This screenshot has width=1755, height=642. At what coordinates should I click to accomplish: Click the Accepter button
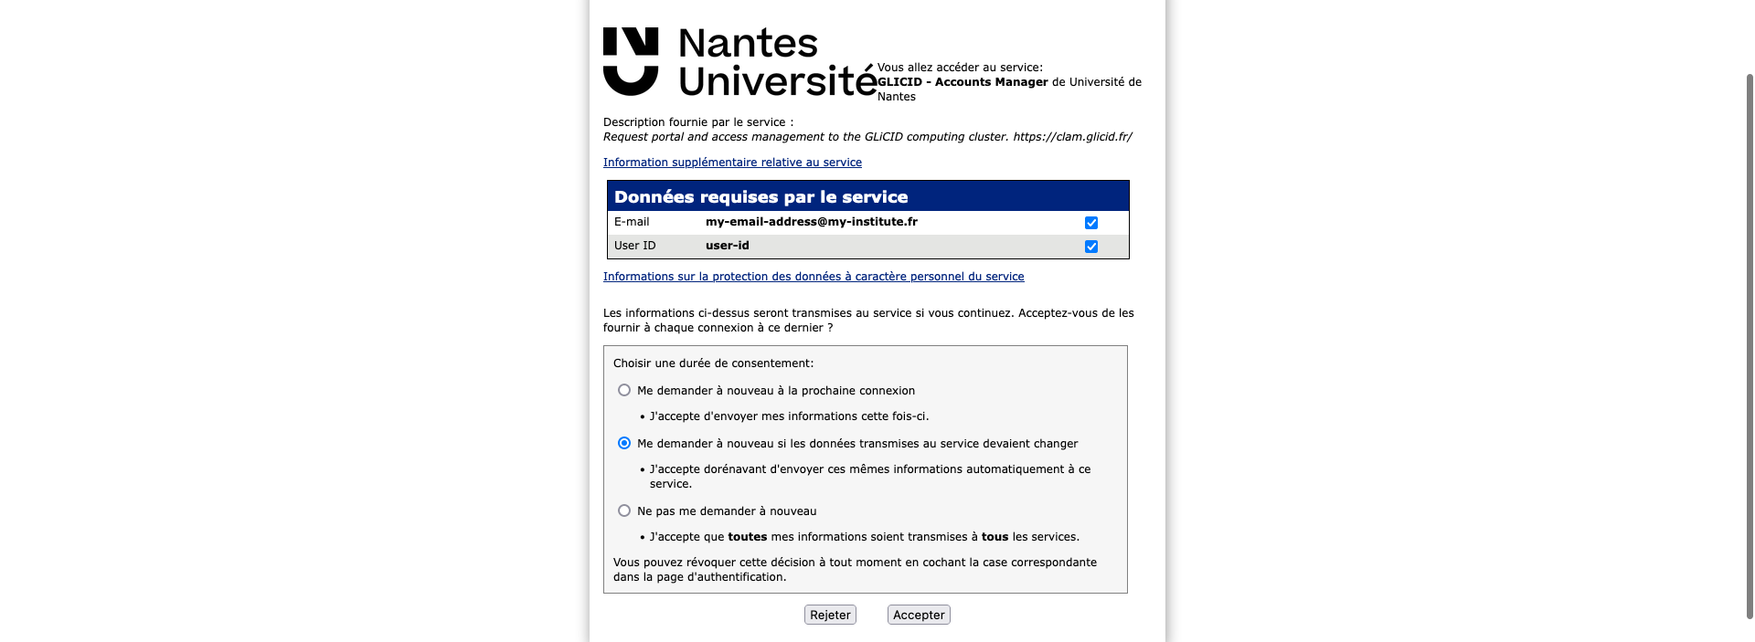[x=919, y=615]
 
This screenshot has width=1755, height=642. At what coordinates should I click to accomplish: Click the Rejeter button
[x=830, y=615]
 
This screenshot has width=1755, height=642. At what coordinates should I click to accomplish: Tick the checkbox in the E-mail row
[x=1091, y=223]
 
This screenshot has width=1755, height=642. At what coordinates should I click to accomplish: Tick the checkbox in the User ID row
[x=1091, y=247]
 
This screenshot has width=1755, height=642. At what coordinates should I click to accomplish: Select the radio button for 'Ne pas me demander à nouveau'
[x=624, y=510]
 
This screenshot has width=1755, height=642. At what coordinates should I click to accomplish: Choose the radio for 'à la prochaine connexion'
[x=624, y=390]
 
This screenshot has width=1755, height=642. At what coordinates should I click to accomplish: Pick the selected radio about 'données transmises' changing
[x=624, y=443]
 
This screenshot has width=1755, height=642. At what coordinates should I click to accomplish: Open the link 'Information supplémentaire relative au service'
[x=732, y=163]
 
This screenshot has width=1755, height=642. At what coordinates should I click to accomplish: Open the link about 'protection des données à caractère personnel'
[x=814, y=277]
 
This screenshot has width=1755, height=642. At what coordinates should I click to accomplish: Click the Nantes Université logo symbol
[x=631, y=61]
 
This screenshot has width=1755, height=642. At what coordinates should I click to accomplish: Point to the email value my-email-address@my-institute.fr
[x=812, y=222]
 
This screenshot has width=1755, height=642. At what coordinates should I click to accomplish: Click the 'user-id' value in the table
[x=728, y=246]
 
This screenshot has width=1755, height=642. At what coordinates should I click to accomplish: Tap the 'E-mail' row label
[x=632, y=222]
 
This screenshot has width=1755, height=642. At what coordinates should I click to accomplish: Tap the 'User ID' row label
[x=634, y=246]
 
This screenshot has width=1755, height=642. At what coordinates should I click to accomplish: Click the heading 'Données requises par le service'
[x=760, y=197]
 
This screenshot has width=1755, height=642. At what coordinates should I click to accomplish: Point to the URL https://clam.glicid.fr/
[x=1072, y=137]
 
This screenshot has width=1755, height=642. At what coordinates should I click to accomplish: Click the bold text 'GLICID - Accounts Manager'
[x=963, y=82]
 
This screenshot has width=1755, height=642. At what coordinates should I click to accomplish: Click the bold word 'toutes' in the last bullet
[x=747, y=537]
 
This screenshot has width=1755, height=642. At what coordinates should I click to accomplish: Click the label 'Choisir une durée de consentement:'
[x=713, y=363]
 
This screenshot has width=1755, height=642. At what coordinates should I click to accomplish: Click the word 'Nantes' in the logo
[x=748, y=43]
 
